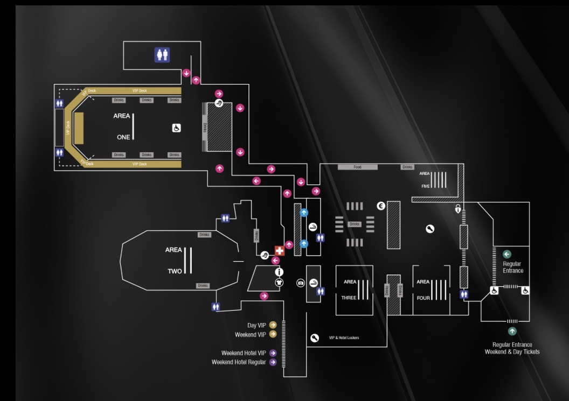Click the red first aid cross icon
coord(279,251)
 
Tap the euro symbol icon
coord(381,205)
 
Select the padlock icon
coord(458,209)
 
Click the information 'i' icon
coord(279,272)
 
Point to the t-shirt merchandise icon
coord(279,282)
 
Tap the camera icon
coord(301,283)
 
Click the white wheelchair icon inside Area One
coord(176,128)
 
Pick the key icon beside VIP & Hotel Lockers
coord(315,338)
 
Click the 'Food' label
coord(357,167)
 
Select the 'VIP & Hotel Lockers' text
coord(344,338)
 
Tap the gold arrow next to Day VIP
coord(273,325)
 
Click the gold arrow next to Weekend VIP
coord(273,334)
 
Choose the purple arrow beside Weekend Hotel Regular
coord(273,362)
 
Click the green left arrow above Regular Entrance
coord(506,254)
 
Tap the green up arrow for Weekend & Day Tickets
coord(512,332)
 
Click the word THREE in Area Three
coord(349,298)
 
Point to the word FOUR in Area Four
coord(424,298)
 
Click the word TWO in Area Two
coord(175,271)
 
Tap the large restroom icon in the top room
coord(162,54)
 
